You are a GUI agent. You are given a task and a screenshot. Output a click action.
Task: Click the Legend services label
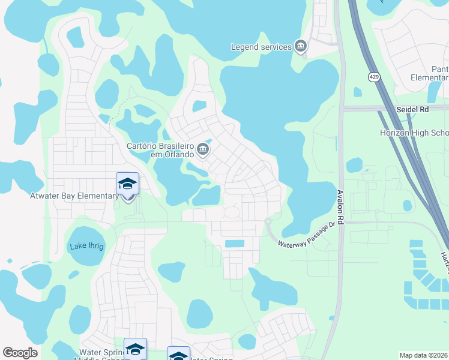(x=261, y=47)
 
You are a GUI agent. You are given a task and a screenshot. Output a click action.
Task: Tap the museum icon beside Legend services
(x=301, y=46)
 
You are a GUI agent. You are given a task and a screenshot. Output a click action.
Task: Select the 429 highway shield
(x=374, y=77)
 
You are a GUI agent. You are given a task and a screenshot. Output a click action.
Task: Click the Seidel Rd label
(x=413, y=110)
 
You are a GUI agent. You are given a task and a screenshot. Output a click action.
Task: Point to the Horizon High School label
(x=414, y=133)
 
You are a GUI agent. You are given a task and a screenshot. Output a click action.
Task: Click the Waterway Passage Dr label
(x=304, y=235)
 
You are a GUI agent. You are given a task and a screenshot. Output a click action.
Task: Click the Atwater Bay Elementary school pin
(x=127, y=184)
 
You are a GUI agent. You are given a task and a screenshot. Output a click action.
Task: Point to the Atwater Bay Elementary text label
(x=74, y=196)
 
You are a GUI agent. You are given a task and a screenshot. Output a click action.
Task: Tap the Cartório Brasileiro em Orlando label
(x=160, y=149)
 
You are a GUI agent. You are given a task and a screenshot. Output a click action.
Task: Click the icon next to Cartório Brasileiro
(x=203, y=149)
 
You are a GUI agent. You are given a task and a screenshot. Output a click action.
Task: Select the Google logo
(x=20, y=353)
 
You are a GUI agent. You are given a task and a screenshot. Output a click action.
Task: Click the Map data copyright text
(x=424, y=355)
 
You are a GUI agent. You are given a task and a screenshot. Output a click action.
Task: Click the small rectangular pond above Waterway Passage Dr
(x=235, y=244)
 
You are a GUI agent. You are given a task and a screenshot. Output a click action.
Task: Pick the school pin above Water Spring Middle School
(x=135, y=349)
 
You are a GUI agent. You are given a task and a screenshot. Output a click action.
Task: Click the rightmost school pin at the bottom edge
(x=178, y=354)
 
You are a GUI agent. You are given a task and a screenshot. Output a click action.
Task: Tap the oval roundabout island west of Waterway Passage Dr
(x=232, y=212)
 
